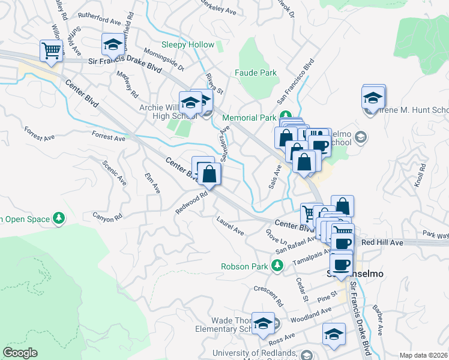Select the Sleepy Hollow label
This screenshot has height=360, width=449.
pyautogui.click(x=187, y=45)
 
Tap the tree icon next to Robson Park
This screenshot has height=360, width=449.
pyautogui.click(x=277, y=265)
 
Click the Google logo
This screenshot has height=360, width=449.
pyautogui.click(x=20, y=353)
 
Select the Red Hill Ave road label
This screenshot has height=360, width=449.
pyautogui.click(x=382, y=243)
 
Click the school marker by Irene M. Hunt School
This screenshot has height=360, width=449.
pyautogui.click(x=373, y=97)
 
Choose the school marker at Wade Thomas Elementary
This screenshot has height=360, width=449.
pyautogui.click(x=263, y=323)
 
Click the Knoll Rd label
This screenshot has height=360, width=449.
pyautogui.click(x=418, y=176)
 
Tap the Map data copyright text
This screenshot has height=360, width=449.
pyautogui.click(x=423, y=355)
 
